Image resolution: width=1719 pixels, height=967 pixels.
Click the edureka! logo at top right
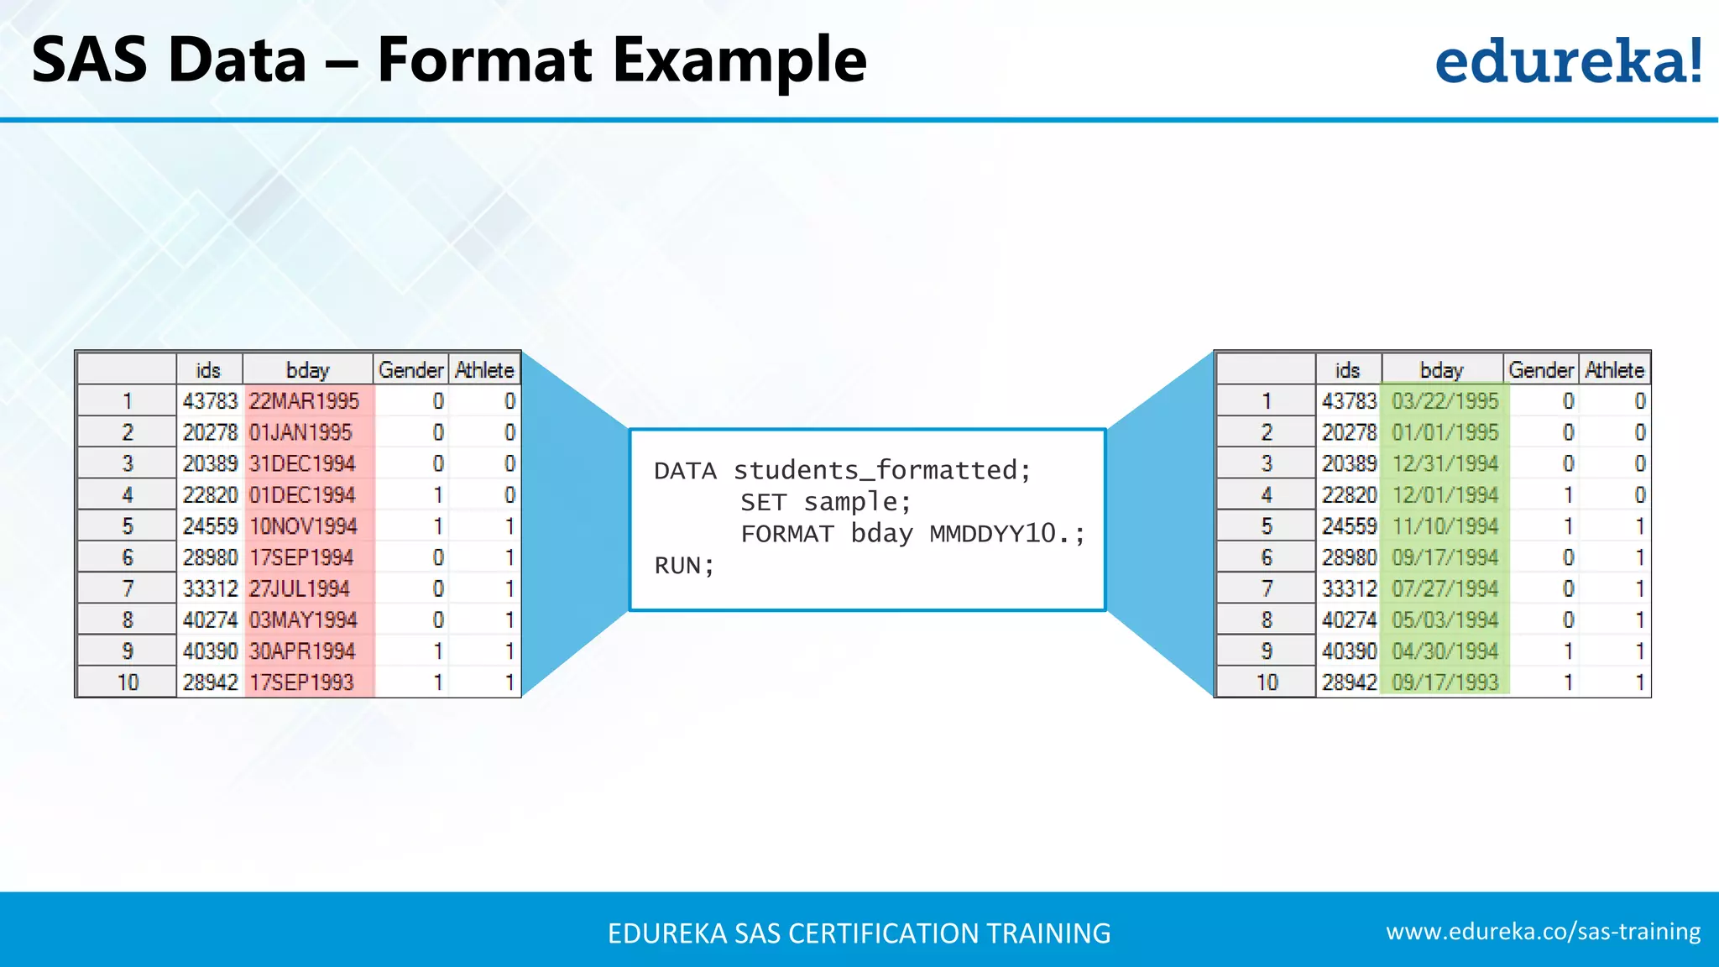point(1567,60)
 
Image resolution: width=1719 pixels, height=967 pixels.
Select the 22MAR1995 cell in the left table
point(304,401)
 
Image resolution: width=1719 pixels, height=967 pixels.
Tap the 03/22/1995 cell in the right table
point(1445,401)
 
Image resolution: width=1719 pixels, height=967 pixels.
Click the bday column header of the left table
point(307,370)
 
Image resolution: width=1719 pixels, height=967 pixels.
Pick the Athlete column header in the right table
point(1614,370)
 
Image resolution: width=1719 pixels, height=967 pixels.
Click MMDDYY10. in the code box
point(1006,534)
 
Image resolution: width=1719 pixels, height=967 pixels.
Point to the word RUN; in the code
point(684,566)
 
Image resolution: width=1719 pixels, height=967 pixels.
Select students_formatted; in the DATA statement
point(881,470)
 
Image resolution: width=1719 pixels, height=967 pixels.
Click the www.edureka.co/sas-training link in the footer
point(1543,932)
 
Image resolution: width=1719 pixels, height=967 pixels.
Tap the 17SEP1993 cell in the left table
point(301,682)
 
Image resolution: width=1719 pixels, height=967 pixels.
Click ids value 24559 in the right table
point(1349,526)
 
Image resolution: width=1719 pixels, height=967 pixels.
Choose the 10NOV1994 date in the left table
point(303,526)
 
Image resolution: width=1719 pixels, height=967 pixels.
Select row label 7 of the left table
point(128,588)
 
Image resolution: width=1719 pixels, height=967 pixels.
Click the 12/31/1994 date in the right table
point(1445,463)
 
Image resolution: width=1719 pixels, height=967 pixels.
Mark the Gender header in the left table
point(410,370)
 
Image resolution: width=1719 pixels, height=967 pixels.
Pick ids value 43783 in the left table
point(210,401)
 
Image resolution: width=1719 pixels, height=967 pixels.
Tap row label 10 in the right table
point(1267,682)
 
